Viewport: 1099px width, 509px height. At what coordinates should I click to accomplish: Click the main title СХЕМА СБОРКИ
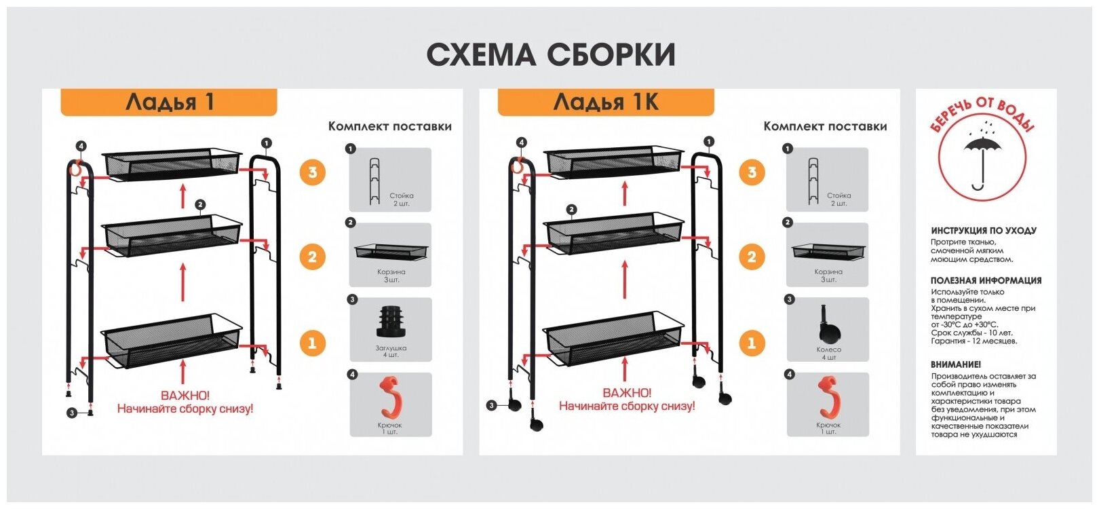[x=550, y=55]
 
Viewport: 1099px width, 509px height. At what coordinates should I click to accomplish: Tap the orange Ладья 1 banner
[x=169, y=102]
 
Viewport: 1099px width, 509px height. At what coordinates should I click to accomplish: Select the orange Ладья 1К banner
[x=605, y=102]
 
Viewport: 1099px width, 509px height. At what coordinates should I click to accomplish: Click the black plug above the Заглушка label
[x=389, y=321]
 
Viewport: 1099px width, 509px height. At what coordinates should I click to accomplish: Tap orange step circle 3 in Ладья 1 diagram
[x=312, y=172]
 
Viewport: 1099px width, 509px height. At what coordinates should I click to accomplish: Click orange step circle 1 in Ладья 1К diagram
[x=751, y=343]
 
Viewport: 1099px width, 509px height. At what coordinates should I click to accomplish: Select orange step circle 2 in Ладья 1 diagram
[x=312, y=257]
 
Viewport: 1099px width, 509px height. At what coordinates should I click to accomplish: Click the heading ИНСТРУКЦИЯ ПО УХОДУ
[x=983, y=231]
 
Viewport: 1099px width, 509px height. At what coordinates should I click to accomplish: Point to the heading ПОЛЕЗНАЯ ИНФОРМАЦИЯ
[x=986, y=280]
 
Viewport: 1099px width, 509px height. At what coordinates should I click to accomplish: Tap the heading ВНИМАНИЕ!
[x=955, y=364]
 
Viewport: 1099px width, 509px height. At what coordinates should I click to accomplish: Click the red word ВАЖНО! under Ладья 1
[x=185, y=395]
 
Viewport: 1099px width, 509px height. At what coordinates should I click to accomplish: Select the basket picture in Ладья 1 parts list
[x=391, y=251]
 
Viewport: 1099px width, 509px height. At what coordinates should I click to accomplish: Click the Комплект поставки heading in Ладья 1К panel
[x=825, y=126]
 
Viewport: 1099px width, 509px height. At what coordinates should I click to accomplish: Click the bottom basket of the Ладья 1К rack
[x=613, y=338]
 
